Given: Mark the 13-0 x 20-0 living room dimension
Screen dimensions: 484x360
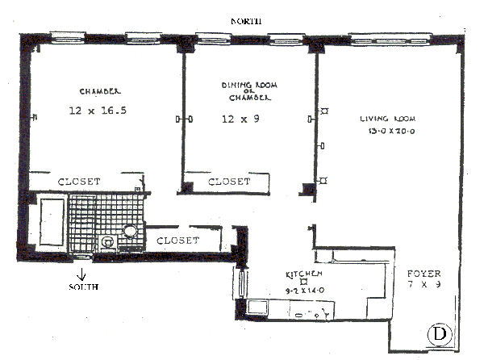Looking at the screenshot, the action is pos(386,130).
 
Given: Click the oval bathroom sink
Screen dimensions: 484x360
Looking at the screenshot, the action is pos(130,231).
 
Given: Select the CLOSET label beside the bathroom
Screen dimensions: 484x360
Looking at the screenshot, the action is pos(177,241).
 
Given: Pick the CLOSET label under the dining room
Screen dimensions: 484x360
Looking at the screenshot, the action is pos(229,182).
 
